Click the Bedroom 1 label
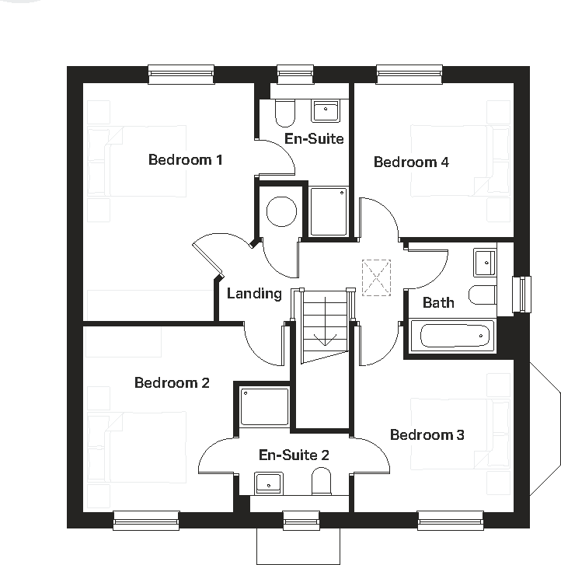186,160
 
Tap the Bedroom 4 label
411,162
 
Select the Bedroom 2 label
172,382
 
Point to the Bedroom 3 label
427,434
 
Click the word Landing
254,293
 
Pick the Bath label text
438,302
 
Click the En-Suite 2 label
294,455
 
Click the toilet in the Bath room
483,295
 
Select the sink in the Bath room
485,262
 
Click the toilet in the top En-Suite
284,113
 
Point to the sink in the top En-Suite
326,111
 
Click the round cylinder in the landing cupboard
281,211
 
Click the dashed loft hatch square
376,277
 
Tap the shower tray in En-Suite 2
265,406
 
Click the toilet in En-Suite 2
322,483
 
